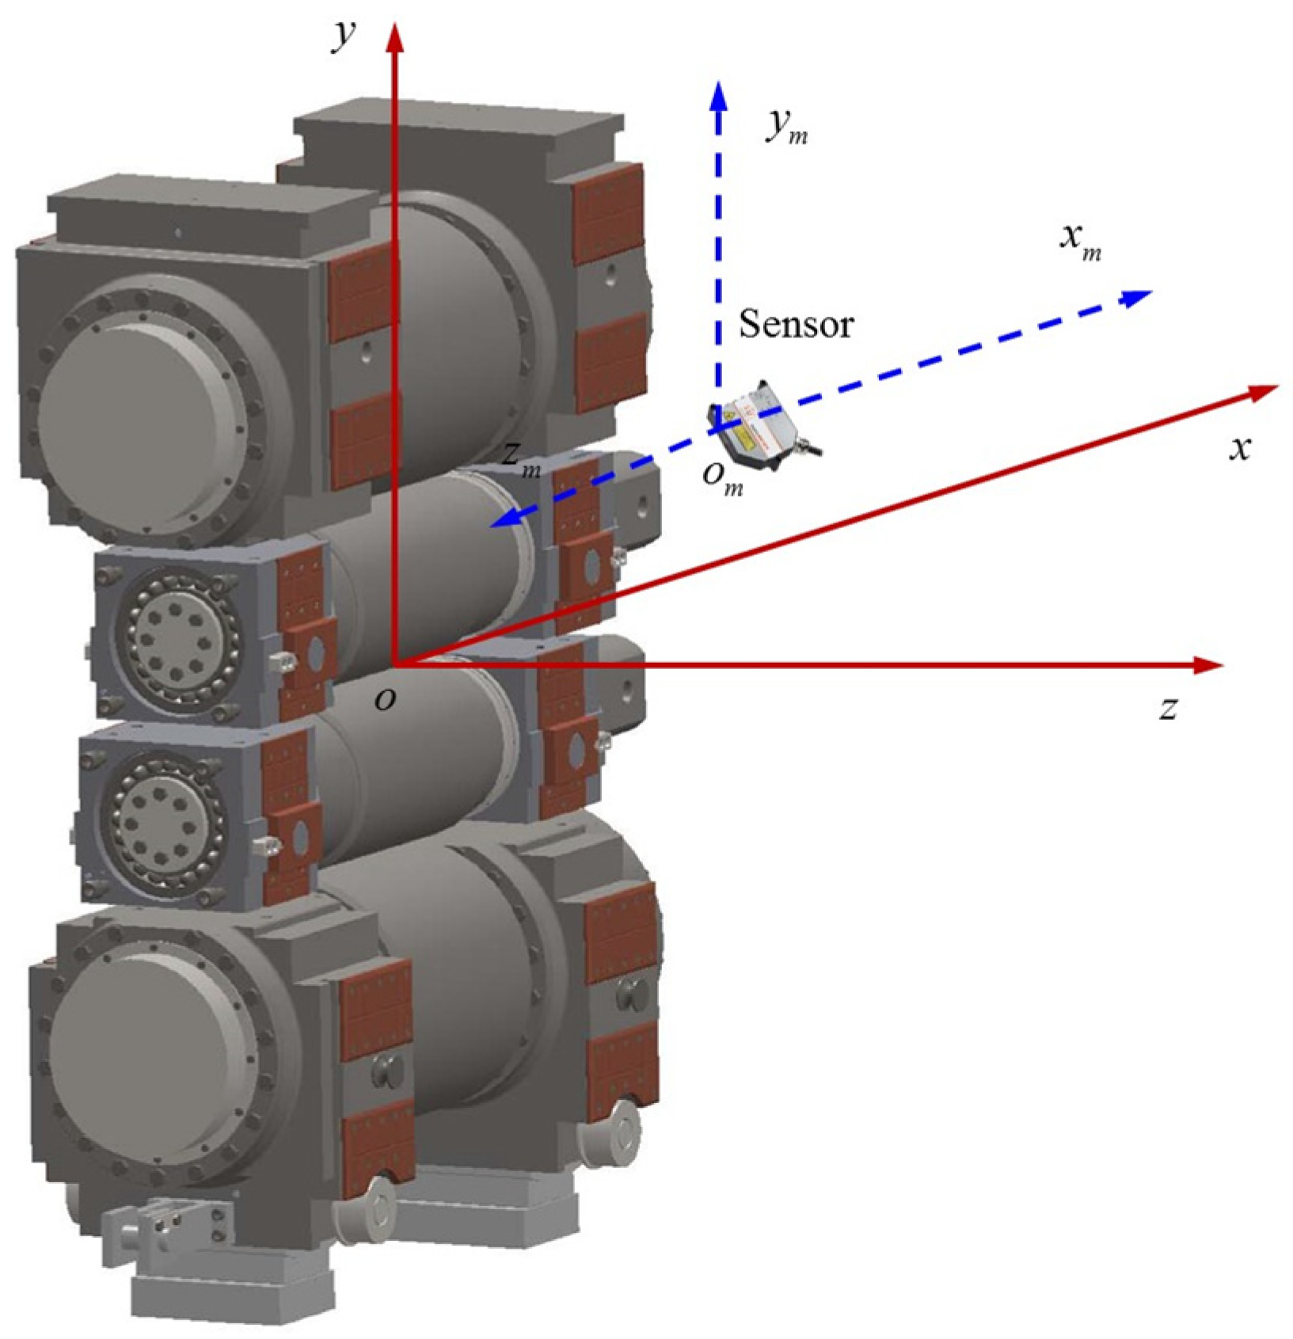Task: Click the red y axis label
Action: (344, 36)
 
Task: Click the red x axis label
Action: (1240, 448)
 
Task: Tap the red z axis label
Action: (1168, 708)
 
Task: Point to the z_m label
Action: (522, 459)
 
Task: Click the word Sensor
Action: (797, 325)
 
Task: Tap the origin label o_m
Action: (723, 477)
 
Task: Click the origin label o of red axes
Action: (385, 699)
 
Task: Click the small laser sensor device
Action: (762, 426)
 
